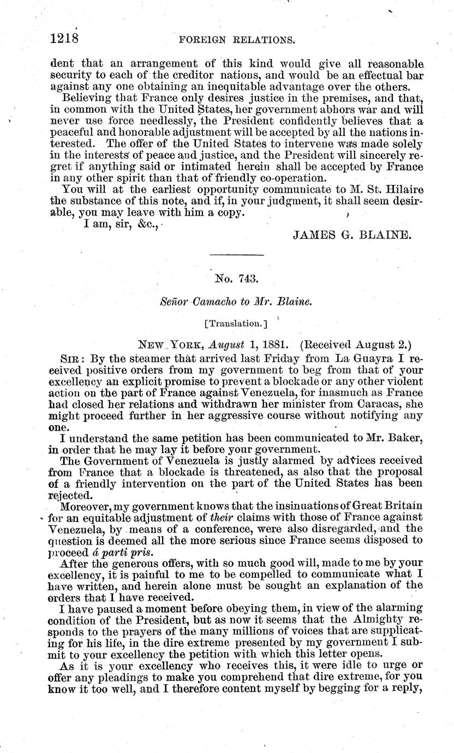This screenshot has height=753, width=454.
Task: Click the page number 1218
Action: pos(64,39)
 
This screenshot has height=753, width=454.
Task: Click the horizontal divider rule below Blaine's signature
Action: pos(236,254)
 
